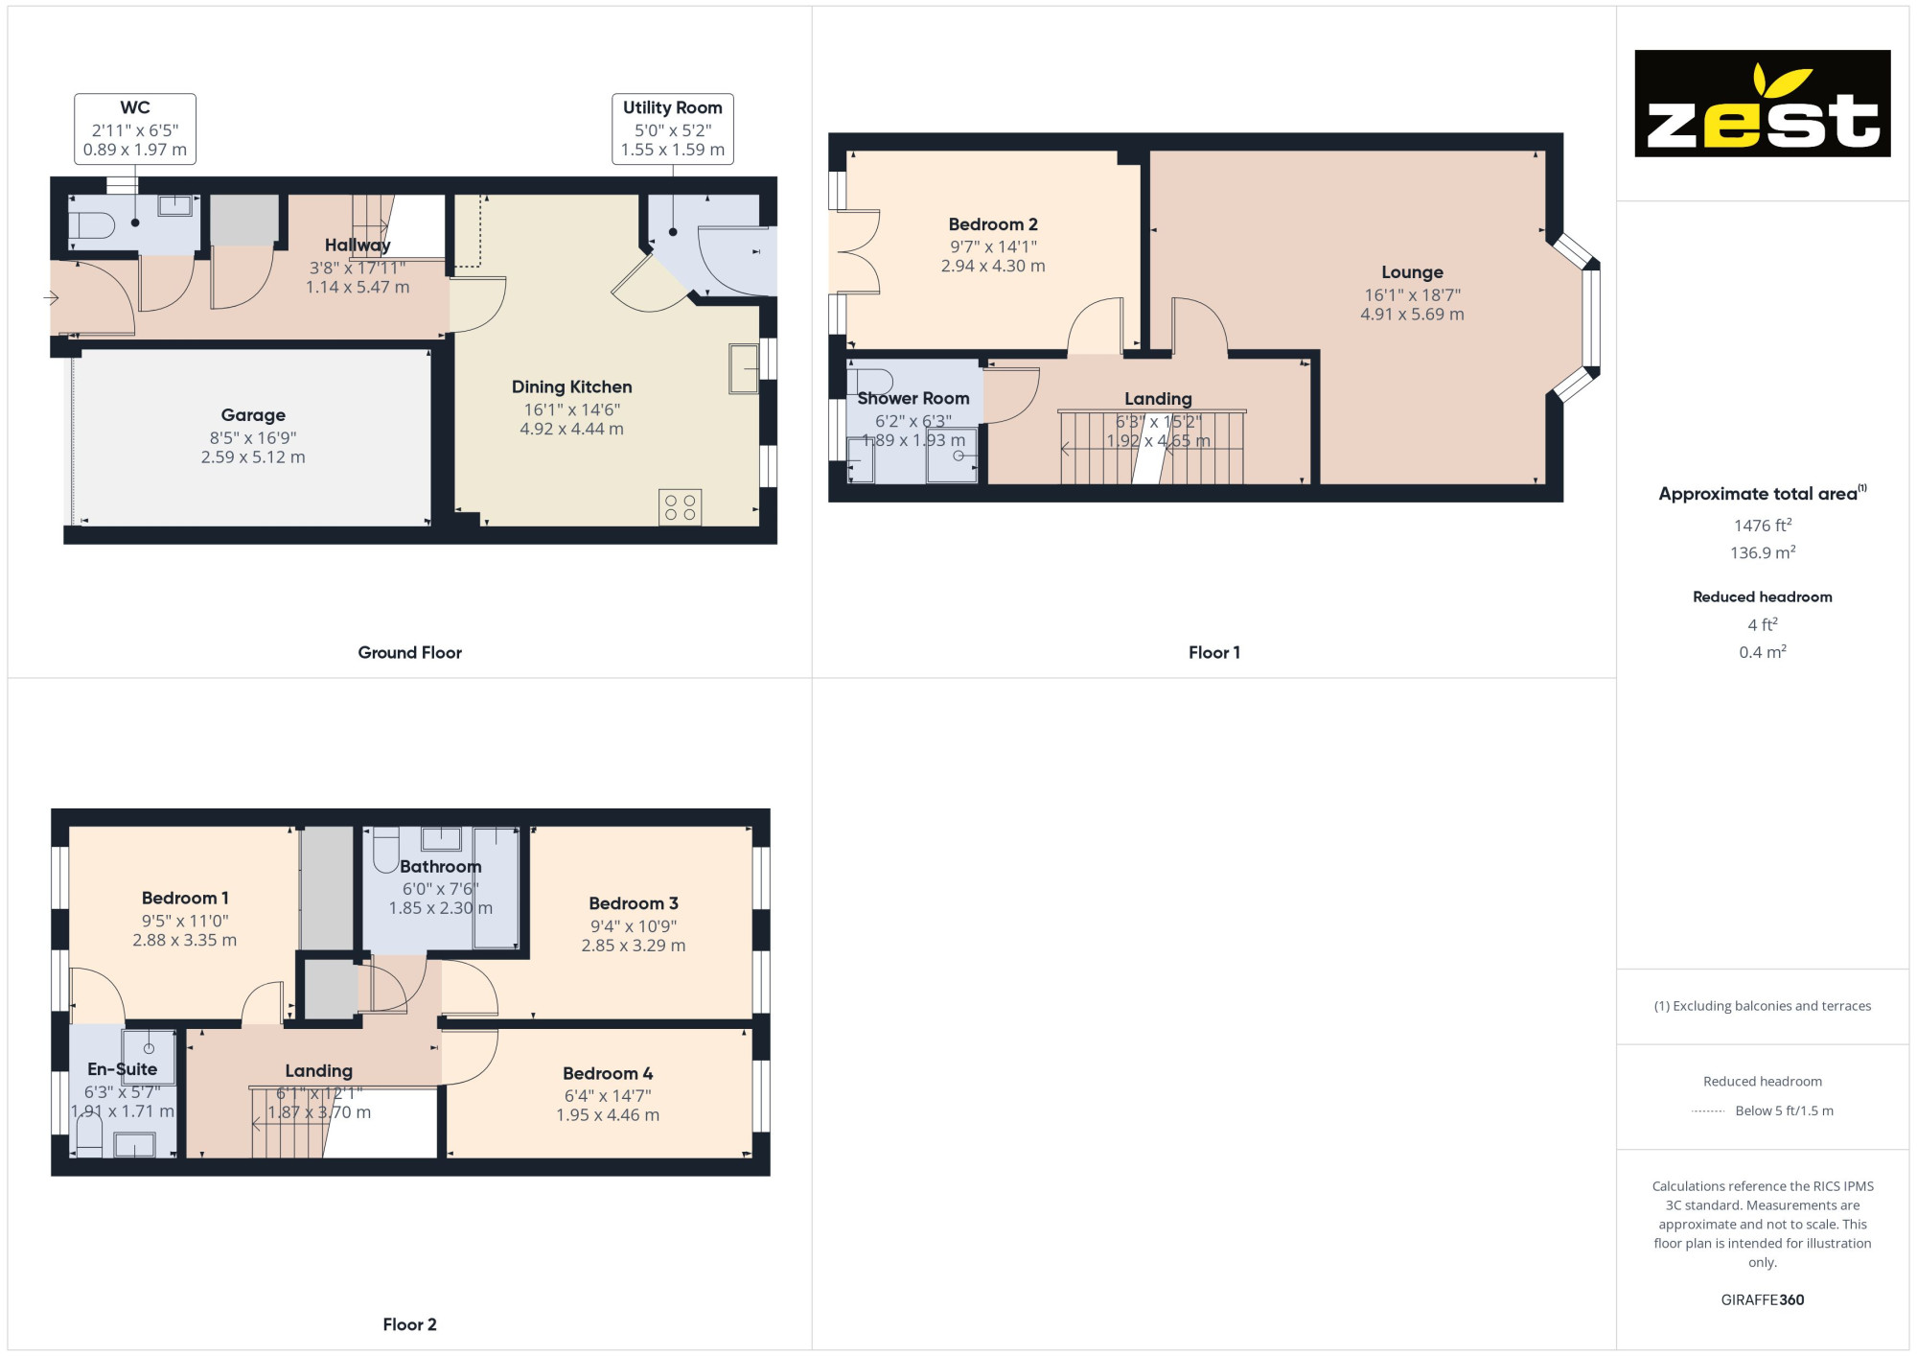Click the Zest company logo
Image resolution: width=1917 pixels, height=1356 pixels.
coord(1762,104)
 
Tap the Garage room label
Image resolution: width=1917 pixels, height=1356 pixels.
coord(253,415)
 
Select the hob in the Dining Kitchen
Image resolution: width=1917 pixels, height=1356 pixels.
coord(680,507)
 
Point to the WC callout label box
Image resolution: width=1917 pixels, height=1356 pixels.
coord(135,129)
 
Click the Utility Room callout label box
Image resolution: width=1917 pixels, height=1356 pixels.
coord(673,129)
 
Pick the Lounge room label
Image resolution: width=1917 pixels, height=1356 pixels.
coord(1412,272)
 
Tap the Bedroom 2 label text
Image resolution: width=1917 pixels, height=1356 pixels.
coord(993,224)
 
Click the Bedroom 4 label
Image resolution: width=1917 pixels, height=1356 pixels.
coord(608,1073)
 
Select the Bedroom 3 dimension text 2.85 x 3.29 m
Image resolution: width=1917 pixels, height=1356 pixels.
coord(634,946)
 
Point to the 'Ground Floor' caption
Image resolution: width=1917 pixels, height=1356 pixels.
coord(409,652)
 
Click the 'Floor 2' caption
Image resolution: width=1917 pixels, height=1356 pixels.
coord(409,1324)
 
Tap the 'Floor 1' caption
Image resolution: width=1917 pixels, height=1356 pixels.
coord(1214,652)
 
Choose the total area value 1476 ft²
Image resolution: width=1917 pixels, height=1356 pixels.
coord(1763,526)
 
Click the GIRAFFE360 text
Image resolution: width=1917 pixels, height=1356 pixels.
coord(1763,1300)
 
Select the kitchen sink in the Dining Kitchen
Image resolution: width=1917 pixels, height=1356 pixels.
coord(744,368)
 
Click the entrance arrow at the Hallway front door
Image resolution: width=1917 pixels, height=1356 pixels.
coord(51,298)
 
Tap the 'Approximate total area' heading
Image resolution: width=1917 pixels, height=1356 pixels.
coord(1763,494)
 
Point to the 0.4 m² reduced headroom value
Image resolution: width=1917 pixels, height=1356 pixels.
coord(1763,652)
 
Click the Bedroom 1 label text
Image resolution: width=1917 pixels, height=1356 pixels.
coord(185,899)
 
